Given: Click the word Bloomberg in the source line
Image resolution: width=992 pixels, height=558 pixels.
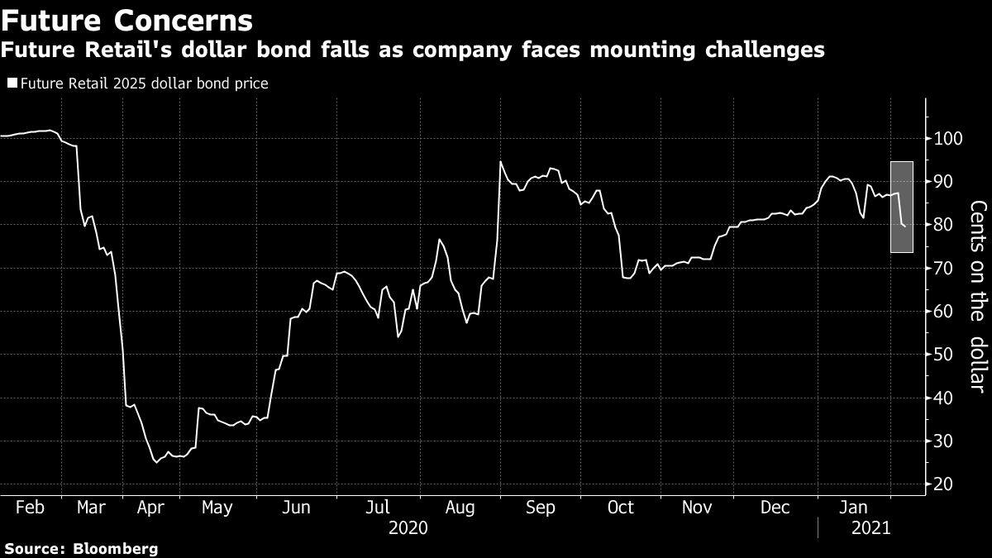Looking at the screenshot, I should point(117,548).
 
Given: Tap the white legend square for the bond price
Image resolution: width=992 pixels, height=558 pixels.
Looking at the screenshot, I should point(12,83).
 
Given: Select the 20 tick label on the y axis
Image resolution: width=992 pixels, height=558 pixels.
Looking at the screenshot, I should point(943,484).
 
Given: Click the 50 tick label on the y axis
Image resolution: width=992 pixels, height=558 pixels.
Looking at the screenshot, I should point(943,355).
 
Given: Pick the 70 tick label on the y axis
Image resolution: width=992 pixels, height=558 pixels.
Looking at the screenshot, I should point(943,268).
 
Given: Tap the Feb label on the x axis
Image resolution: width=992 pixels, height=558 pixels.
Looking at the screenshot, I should point(29,507).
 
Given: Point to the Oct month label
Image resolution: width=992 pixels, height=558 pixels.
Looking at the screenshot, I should point(621,507).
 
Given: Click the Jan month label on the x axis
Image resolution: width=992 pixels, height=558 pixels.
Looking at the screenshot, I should point(854,507).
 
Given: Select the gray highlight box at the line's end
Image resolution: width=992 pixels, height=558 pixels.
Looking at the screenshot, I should point(901,207).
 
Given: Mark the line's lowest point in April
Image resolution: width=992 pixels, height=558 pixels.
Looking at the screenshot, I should point(155,462).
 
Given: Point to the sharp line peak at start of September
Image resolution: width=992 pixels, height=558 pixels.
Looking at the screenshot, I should point(500,162).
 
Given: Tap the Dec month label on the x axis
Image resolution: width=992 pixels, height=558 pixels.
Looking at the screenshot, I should point(776,507).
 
